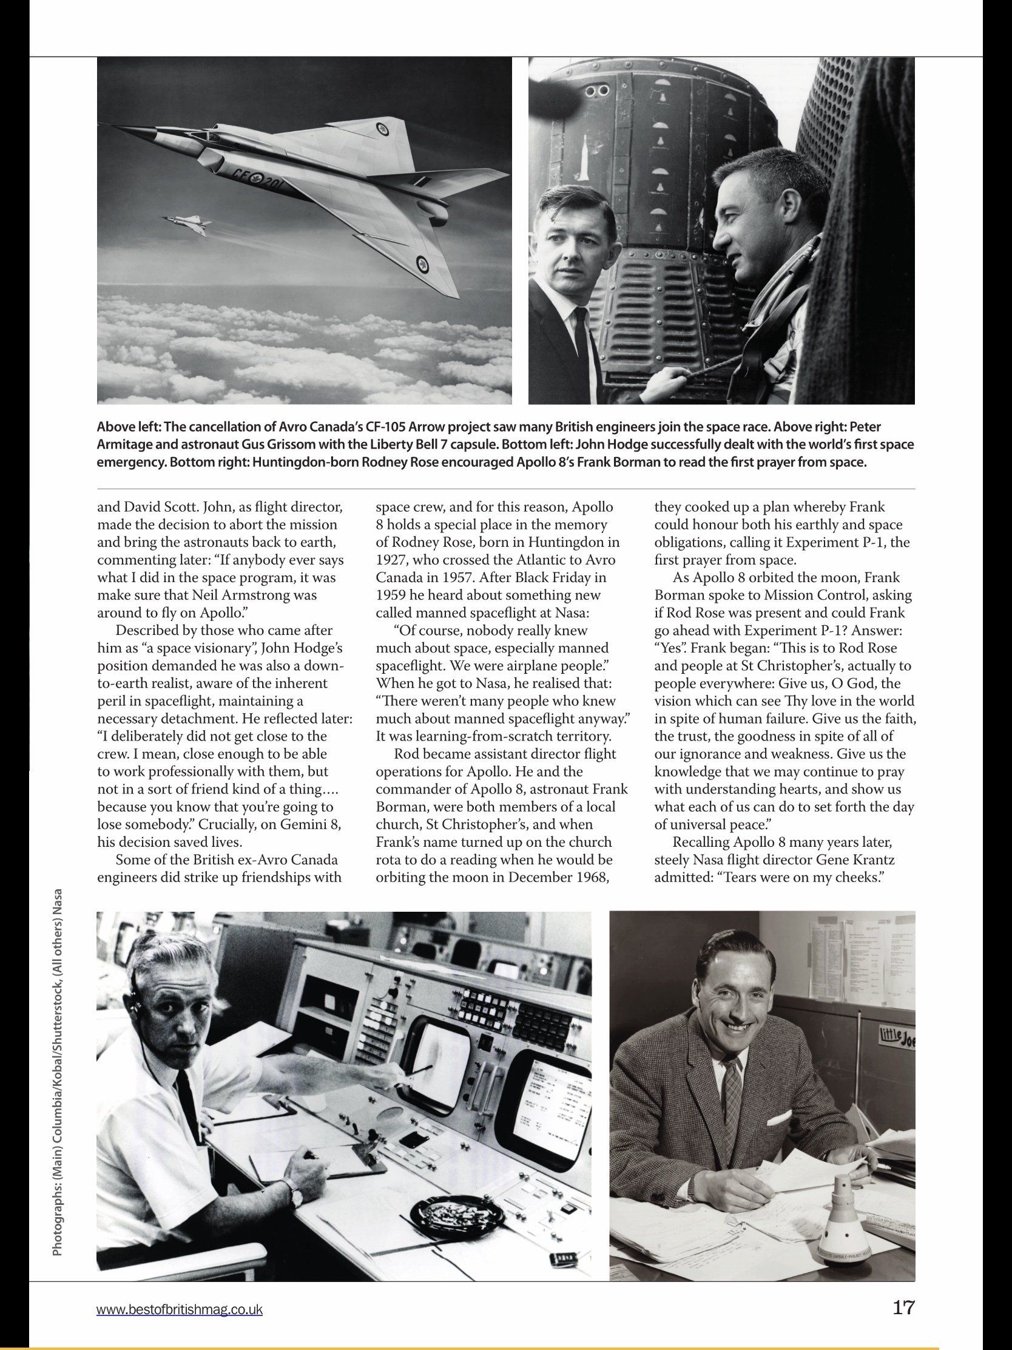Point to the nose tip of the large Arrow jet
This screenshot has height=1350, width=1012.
coord(104,127)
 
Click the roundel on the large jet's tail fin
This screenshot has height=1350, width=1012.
coord(383,128)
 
